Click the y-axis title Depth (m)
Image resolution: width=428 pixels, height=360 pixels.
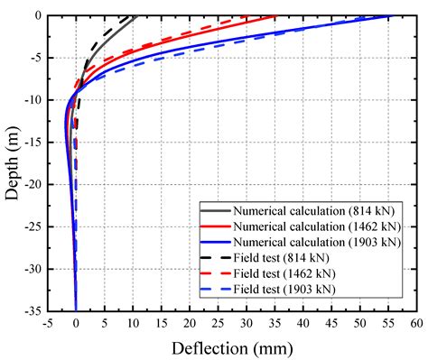[x=13, y=162]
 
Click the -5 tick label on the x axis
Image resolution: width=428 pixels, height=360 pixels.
[x=47, y=321]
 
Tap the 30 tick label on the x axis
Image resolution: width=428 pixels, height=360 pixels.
[x=246, y=321]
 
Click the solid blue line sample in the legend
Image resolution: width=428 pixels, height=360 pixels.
[x=213, y=242]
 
